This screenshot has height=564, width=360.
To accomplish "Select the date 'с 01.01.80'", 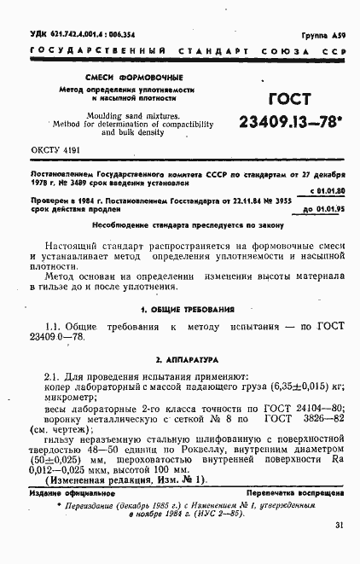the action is point(328,190).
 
